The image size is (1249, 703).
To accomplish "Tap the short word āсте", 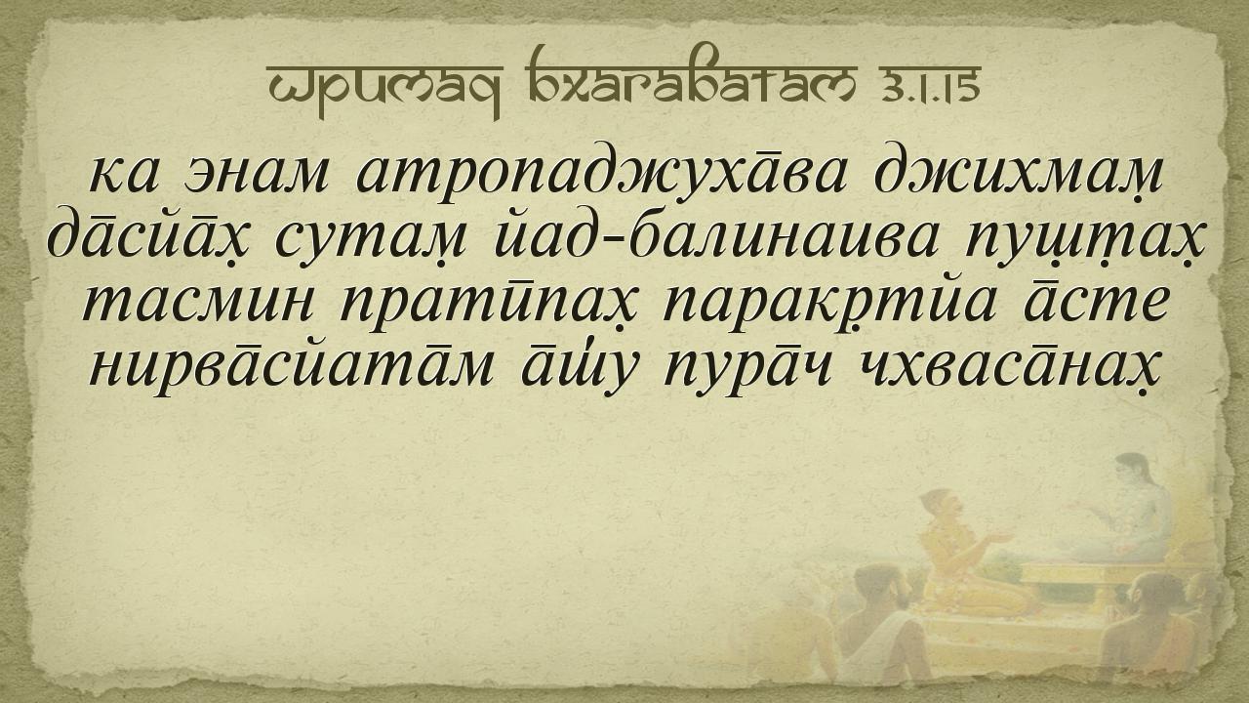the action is pos(1096,303).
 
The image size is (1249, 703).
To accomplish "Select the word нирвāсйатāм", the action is pos(291,367).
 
